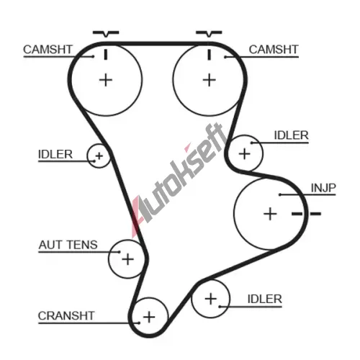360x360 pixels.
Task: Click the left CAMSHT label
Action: point(48,50)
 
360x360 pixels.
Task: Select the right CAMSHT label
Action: point(274,50)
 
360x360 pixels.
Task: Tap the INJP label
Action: point(323,188)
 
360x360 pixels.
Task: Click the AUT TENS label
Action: point(68,245)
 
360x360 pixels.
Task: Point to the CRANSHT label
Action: point(66,315)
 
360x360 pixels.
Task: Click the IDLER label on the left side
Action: point(55,154)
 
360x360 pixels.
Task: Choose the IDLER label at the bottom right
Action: point(264,299)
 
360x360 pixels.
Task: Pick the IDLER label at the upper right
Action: point(291,135)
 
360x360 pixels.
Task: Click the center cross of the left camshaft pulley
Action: point(106,80)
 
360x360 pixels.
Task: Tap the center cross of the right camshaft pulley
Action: point(210,80)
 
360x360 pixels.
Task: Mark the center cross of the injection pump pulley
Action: point(270,214)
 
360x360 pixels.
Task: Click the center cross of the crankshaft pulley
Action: point(149,317)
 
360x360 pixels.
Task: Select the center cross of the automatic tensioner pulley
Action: point(127,259)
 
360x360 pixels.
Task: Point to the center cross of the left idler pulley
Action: point(99,156)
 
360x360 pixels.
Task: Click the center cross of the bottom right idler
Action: point(211,299)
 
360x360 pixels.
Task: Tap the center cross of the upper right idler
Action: point(245,154)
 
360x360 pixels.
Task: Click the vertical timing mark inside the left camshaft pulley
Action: point(106,55)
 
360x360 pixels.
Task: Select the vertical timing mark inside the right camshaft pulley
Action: point(210,55)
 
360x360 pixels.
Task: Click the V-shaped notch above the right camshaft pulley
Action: point(209,34)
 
